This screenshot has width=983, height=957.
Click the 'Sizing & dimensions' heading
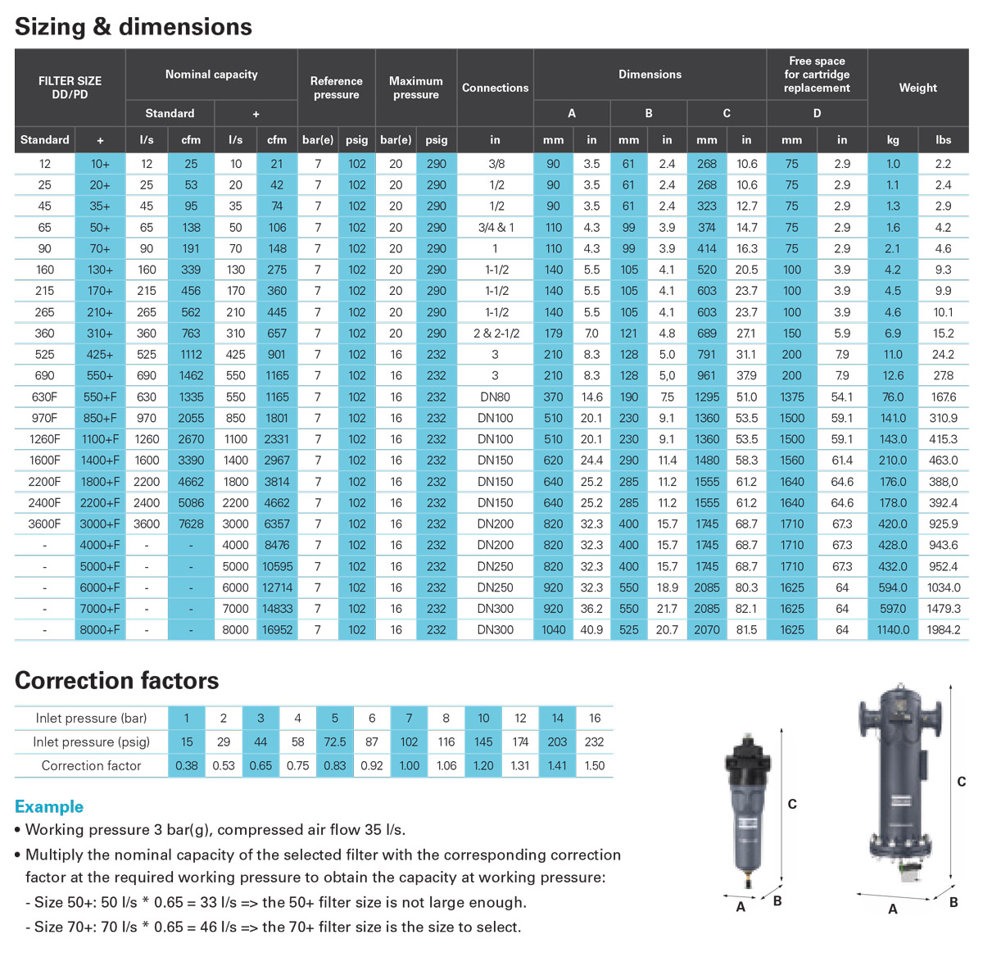click(134, 27)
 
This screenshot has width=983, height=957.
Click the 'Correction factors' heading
click(117, 681)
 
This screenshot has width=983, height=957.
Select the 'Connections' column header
click(495, 88)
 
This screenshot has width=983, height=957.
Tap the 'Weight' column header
click(917, 88)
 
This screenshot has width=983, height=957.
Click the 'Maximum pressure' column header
click(415, 88)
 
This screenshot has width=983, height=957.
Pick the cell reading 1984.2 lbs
click(943, 630)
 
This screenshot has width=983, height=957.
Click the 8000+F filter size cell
click(100, 630)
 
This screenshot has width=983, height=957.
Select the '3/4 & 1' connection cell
click(495, 228)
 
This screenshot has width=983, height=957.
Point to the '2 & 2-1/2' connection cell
click(495, 333)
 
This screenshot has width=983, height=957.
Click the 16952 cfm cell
click(277, 630)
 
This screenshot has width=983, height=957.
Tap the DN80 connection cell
click(495, 397)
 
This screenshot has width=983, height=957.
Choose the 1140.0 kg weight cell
click(893, 630)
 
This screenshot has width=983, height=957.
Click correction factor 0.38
click(187, 766)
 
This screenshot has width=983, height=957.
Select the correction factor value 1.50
click(595, 766)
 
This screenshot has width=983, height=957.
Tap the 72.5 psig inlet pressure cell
click(334, 742)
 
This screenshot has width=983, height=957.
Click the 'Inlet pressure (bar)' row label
click(91, 719)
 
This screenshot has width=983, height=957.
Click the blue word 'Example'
click(49, 807)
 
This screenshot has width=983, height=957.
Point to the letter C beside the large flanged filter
click(961, 782)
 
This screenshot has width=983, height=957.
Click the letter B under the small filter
click(777, 900)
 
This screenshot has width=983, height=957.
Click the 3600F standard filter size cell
click(44, 524)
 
